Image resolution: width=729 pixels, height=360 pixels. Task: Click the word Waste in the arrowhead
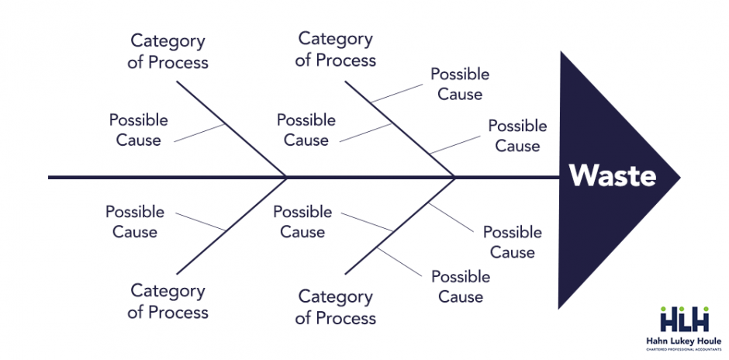612,175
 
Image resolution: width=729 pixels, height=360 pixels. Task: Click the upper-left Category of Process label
168,50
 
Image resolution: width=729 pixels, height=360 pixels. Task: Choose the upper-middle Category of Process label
336,49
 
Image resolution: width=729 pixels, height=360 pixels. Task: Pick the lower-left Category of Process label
168,301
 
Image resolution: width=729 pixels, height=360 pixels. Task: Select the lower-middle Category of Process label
336,307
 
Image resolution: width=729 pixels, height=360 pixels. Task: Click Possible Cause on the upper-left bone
138,130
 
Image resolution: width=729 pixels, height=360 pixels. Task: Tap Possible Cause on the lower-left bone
135,221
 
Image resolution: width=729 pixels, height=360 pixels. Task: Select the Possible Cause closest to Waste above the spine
517,136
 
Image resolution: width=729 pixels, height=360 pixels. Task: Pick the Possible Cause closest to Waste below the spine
512,242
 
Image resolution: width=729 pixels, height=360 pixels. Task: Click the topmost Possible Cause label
460,84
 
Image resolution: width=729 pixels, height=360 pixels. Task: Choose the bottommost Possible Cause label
461,286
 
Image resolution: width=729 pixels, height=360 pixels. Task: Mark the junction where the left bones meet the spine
287,178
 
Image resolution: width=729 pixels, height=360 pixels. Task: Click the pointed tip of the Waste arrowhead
679,178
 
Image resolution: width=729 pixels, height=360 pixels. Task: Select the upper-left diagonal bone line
233,128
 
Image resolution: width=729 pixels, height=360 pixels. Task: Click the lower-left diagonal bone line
233,226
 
